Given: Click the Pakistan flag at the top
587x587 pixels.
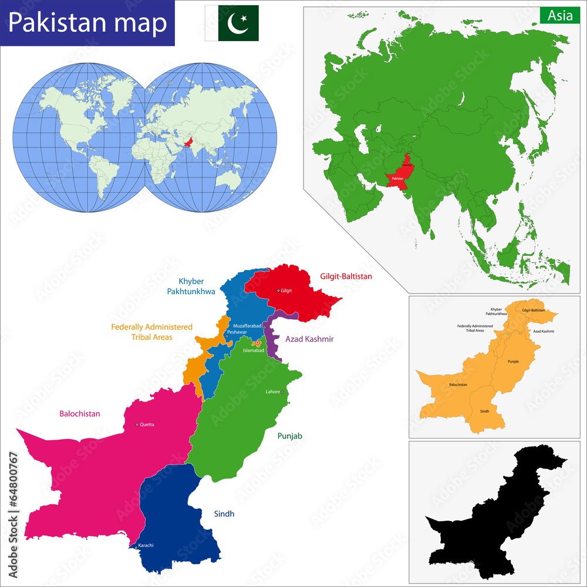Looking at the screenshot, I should point(232,23).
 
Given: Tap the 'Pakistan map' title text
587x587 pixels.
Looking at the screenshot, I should point(87,23).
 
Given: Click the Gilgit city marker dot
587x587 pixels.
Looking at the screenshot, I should point(278,291).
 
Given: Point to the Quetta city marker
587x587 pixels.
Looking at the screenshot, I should point(137,424).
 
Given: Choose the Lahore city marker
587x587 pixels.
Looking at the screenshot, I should point(282,392).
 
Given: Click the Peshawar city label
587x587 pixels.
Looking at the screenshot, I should point(237,332).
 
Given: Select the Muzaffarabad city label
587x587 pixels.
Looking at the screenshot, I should point(247,325).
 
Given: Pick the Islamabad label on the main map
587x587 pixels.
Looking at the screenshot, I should point(254,350).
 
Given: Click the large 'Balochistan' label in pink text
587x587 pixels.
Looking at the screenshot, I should point(80,414).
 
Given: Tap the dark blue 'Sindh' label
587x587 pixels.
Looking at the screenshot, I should point(224,514).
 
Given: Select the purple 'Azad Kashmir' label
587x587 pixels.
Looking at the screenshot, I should point(309,339).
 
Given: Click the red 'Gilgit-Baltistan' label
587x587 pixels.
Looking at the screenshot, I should point(346,276).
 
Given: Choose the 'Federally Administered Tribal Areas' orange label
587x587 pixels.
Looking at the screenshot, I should point(152,332).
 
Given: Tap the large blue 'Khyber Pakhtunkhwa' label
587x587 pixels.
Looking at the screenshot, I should point(191,285).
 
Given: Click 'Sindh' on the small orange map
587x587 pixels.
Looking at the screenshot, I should point(484,411).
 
